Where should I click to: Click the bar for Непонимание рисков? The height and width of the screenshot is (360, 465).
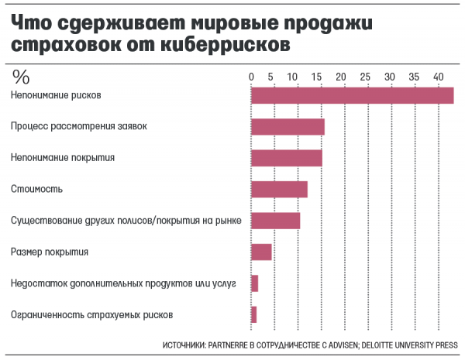(x=352, y=95)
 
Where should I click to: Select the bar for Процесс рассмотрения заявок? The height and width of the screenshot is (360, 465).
(x=288, y=127)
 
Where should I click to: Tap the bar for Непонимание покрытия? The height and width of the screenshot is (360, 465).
(x=286, y=158)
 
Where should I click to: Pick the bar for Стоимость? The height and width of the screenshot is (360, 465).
(x=279, y=189)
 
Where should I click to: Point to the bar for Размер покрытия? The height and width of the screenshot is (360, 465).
(x=261, y=252)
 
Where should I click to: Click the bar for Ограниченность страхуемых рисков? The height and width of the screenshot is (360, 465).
(x=253, y=314)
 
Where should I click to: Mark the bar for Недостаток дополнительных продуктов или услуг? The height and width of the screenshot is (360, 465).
(x=254, y=283)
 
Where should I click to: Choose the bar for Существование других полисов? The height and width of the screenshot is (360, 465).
(x=275, y=221)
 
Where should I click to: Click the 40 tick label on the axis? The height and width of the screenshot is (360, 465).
(x=439, y=76)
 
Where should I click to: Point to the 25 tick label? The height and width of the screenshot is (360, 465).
(x=364, y=76)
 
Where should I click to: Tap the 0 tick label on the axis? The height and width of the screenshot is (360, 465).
(x=251, y=76)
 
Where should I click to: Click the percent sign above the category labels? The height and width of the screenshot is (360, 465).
(x=21, y=76)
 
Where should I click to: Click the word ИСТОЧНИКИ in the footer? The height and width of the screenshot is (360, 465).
(x=184, y=345)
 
